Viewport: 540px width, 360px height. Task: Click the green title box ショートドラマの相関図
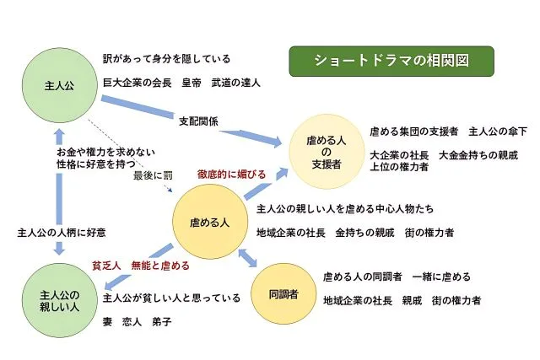click(391, 61)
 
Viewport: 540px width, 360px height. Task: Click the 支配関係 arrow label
click(199, 121)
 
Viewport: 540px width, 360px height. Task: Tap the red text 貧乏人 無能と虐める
click(140, 265)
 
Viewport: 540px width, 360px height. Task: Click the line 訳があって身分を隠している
click(166, 59)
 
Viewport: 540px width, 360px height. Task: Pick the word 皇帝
click(192, 83)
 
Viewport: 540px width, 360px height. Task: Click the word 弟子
click(161, 322)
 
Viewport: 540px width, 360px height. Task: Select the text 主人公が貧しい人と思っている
click(171, 298)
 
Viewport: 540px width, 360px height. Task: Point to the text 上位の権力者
click(399, 167)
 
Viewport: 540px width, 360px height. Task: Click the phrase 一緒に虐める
click(441, 277)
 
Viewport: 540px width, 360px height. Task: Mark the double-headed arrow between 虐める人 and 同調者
click(249, 257)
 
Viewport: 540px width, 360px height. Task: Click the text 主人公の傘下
click(498, 131)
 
